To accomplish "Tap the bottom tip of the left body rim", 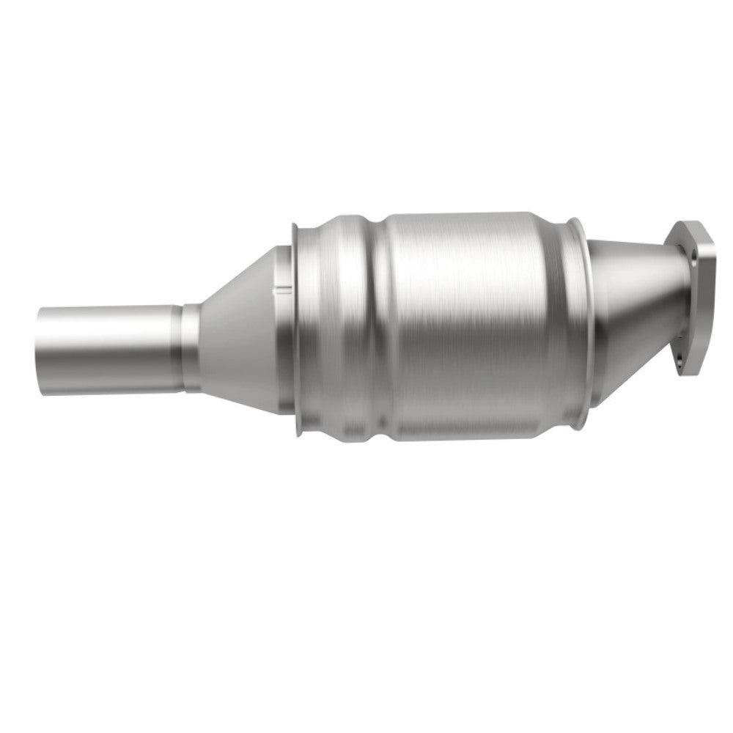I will point(296,435).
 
